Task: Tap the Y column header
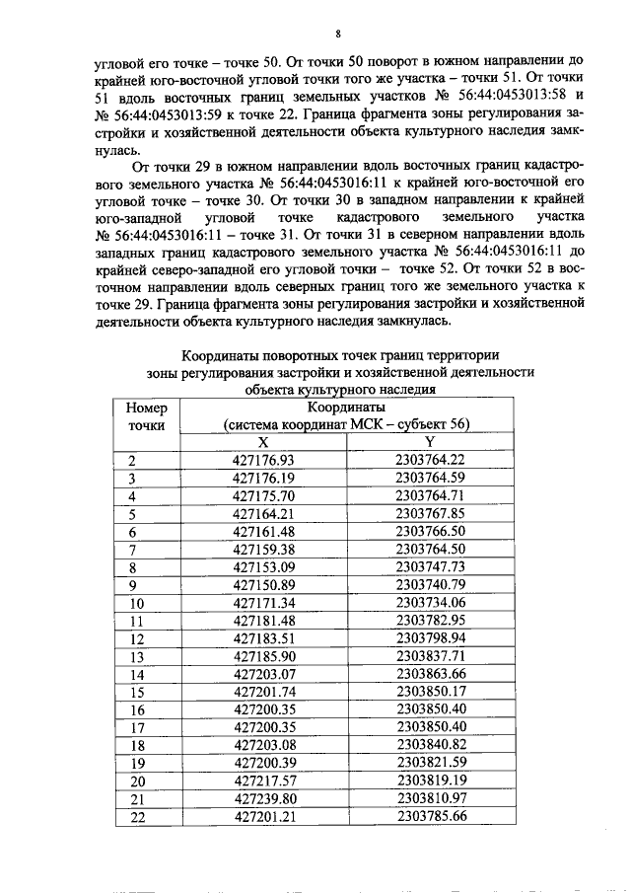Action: tap(429, 442)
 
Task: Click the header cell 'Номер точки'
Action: tap(148, 415)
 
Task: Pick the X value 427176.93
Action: tap(263, 460)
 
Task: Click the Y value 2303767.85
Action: tap(429, 513)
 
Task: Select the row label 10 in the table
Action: tap(137, 603)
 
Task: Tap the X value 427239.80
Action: tap(263, 797)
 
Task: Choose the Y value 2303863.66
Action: tap(429, 674)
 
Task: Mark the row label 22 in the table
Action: tap(137, 816)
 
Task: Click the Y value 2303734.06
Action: tap(429, 602)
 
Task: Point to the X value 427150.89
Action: tap(263, 584)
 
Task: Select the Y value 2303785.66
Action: tap(429, 816)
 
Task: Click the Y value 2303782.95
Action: tap(429, 620)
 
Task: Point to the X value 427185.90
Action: tap(263, 656)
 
